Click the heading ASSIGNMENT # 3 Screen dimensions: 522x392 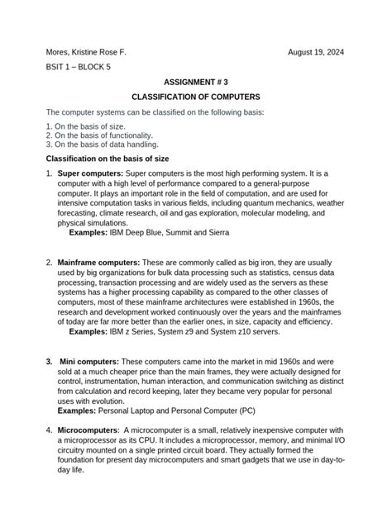[x=196, y=83]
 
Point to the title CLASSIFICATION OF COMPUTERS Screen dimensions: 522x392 [x=196, y=97]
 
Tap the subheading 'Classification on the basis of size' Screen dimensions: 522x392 [x=108, y=157]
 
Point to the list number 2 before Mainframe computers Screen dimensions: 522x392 [x=48, y=263]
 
